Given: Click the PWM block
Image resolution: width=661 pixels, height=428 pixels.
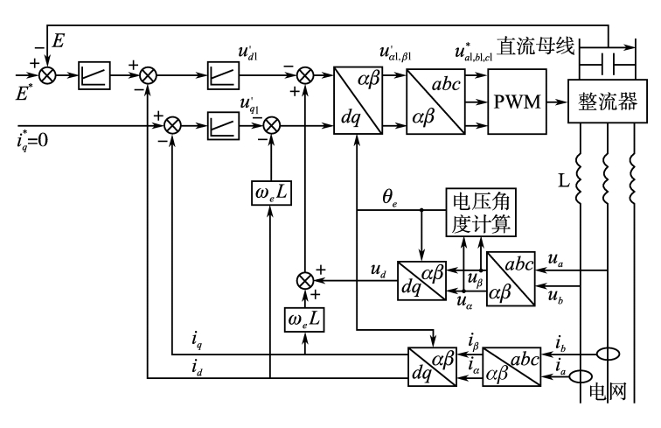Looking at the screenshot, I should [515, 102].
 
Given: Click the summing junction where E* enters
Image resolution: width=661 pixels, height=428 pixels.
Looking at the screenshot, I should [46, 75].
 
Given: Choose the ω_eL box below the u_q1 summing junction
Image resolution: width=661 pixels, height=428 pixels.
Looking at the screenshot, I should [272, 190].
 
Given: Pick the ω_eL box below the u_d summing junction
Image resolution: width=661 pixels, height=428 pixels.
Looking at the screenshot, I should [303, 319].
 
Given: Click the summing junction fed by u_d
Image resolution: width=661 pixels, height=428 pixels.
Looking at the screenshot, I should [304, 280].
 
